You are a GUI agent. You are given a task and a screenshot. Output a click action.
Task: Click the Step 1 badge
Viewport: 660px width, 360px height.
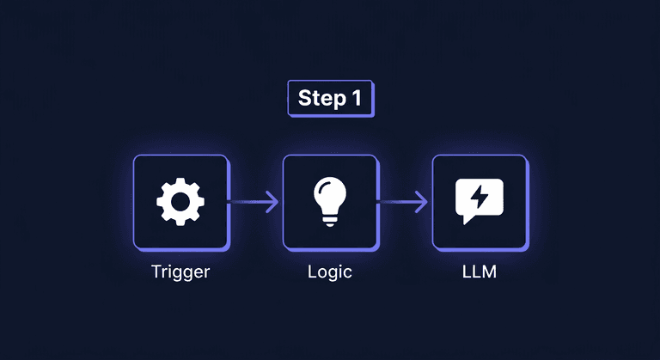329,98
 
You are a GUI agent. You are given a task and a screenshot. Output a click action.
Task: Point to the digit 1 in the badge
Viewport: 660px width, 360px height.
356,98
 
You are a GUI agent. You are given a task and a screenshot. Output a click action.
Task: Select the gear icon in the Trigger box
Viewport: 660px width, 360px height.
180,202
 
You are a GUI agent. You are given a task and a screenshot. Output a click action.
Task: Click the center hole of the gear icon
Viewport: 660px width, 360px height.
180,202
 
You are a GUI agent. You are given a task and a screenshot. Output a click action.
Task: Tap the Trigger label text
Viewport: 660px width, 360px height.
180,272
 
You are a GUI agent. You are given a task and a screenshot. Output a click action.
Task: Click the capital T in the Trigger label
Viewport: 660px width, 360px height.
156,272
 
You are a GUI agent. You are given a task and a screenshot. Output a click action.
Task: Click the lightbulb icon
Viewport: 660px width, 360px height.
330,201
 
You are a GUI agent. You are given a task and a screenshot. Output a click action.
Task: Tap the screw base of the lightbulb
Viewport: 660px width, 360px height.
330,222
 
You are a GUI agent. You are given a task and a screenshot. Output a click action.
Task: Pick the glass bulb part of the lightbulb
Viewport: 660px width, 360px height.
330,194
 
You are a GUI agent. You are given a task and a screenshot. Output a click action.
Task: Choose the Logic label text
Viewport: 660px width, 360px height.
330,272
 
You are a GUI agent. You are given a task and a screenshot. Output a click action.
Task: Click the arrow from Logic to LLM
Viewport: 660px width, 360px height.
404,202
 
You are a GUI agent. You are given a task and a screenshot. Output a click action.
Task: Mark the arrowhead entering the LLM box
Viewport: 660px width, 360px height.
423,202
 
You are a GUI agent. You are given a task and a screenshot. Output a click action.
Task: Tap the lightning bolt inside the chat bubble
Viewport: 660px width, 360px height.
479,198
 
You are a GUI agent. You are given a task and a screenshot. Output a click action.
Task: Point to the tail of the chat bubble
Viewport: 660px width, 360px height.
467,220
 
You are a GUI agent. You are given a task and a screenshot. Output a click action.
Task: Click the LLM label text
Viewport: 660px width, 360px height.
479,272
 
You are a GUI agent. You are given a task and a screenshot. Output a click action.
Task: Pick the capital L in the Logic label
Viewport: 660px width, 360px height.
312,272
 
